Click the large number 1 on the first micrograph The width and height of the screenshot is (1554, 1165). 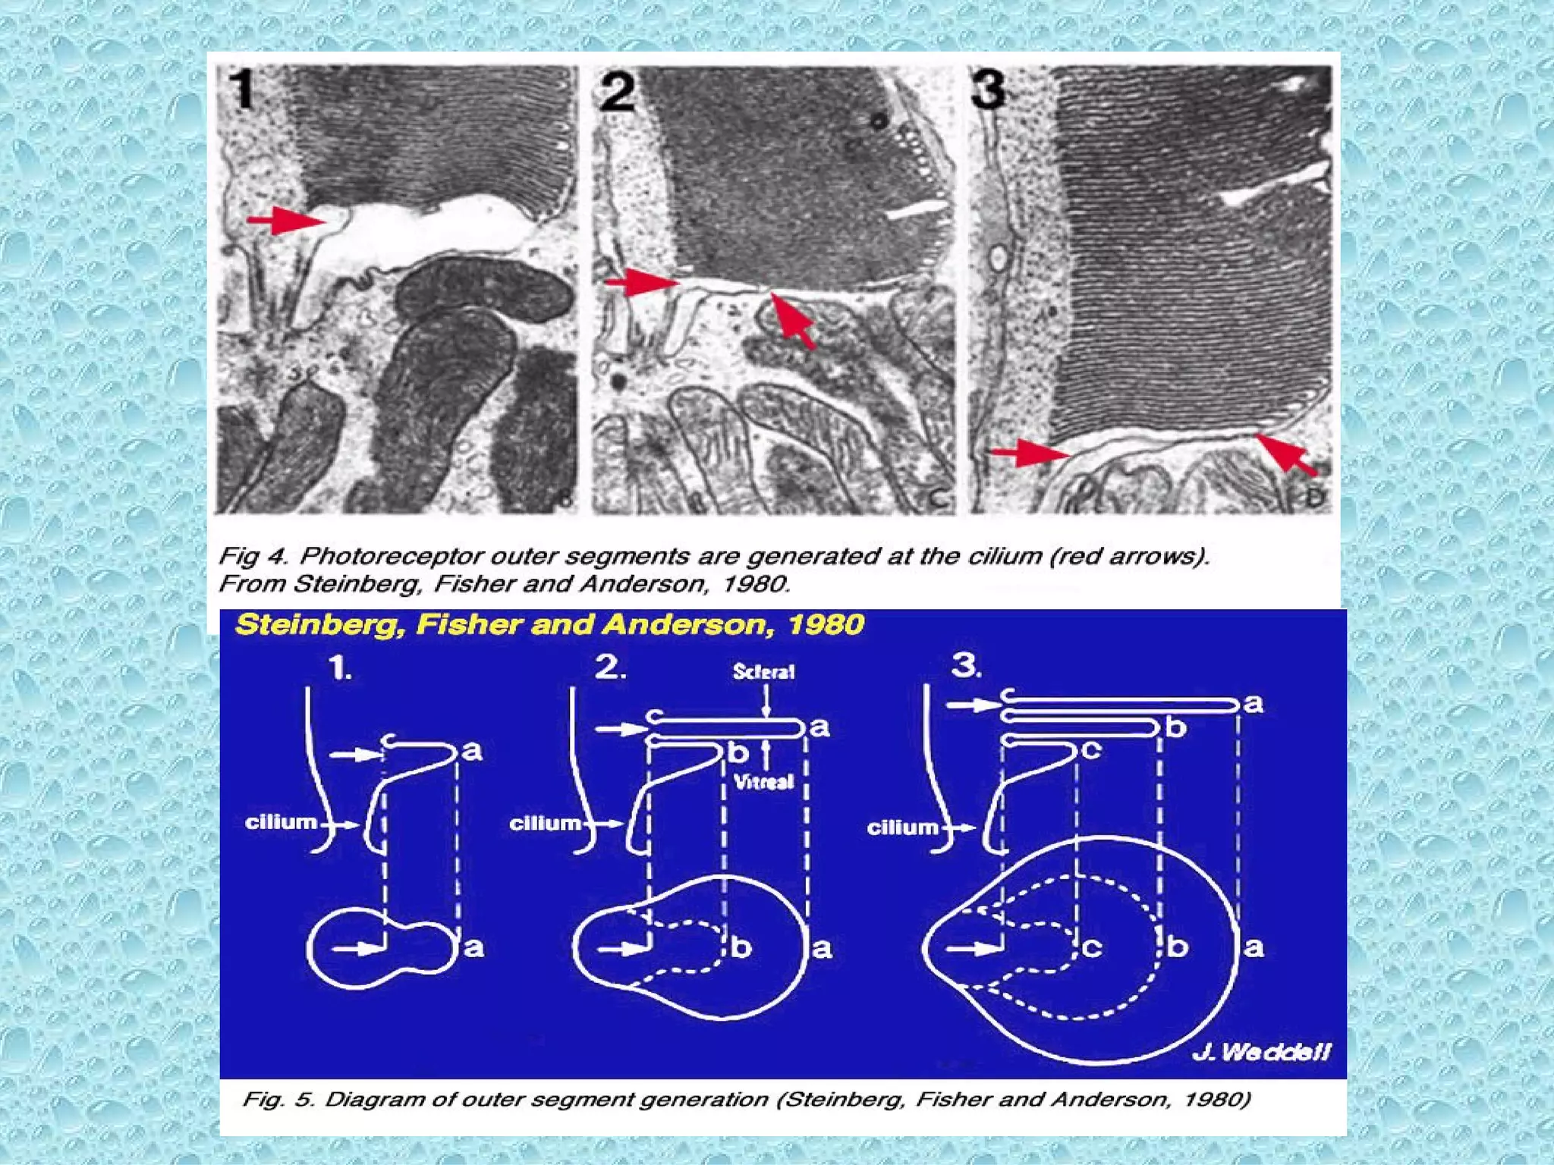tap(244, 89)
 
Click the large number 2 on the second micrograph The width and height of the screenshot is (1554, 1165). tap(616, 92)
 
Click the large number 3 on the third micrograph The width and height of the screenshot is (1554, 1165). tap(989, 89)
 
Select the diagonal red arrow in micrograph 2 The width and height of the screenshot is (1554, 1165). tap(793, 320)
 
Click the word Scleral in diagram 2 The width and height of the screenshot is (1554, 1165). tap(763, 672)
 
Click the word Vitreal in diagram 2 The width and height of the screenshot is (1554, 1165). tap(764, 781)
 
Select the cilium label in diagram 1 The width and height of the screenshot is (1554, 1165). tap(281, 822)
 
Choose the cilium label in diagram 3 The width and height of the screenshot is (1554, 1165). tap(902, 827)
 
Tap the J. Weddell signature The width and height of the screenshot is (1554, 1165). tap(1260, 1052)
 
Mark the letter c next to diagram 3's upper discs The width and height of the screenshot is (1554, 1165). tap(1090, 750)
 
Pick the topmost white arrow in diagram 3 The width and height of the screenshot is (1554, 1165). tap(974, 705)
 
